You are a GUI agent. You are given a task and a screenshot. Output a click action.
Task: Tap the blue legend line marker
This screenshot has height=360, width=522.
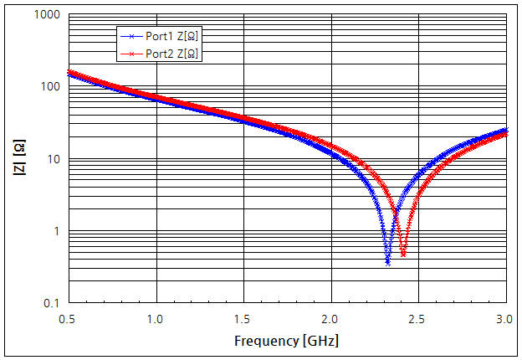130,37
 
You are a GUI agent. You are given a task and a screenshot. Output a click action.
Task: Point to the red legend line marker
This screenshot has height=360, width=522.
130,53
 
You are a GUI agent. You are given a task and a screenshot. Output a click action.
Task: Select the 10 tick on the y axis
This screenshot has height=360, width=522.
53,159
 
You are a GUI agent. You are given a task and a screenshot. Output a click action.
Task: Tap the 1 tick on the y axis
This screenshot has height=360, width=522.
56,231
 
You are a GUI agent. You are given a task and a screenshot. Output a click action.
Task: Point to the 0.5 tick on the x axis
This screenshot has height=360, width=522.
69,319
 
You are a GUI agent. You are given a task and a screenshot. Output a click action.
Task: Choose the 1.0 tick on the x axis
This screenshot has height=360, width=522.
156,319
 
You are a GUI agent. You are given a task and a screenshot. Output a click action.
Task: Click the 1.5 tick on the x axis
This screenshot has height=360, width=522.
243,319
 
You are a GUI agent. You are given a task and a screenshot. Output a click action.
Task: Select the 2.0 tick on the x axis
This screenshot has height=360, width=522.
331,319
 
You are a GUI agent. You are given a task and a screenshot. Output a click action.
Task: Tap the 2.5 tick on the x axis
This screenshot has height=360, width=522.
419,319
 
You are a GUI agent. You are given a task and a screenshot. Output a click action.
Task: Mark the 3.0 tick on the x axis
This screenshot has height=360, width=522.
506,319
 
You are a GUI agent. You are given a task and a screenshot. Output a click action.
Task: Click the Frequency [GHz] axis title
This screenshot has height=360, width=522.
287,342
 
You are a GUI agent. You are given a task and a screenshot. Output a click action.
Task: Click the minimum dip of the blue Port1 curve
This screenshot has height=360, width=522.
387,262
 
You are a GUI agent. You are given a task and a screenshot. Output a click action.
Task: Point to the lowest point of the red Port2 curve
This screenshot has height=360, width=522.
403,254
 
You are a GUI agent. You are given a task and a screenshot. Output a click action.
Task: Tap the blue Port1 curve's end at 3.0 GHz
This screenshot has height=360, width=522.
506,130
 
